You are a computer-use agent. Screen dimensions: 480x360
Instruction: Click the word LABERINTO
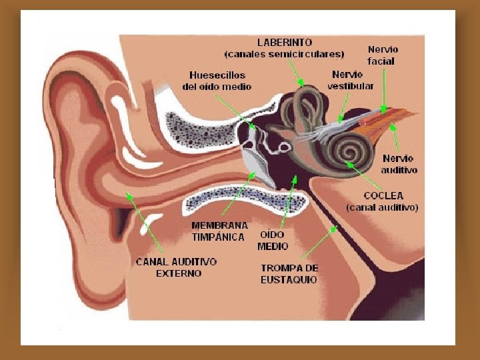[x=285, y=42]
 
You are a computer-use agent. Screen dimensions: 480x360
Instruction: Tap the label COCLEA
[x=384, y=195]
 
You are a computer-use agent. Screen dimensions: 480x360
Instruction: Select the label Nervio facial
[x=383, y=55]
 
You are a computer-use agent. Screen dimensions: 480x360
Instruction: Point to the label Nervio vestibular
[x=350, y=80]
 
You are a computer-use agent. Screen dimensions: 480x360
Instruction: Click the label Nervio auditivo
[x=399, y=164]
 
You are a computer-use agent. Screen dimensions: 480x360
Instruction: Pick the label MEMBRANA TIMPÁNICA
[x=219, y=231]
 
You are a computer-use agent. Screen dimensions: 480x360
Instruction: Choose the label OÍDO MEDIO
[x=273, y=240]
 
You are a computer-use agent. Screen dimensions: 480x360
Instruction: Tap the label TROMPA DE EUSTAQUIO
[x=289, y=273]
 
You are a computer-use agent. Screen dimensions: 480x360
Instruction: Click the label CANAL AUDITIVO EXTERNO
[x=176, y=267]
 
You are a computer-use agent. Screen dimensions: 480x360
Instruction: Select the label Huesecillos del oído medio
[x=217, y=81]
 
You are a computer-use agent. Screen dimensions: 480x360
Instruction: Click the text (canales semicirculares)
[x=285, y=53]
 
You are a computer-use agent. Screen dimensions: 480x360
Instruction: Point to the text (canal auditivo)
[x=382, y=208]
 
